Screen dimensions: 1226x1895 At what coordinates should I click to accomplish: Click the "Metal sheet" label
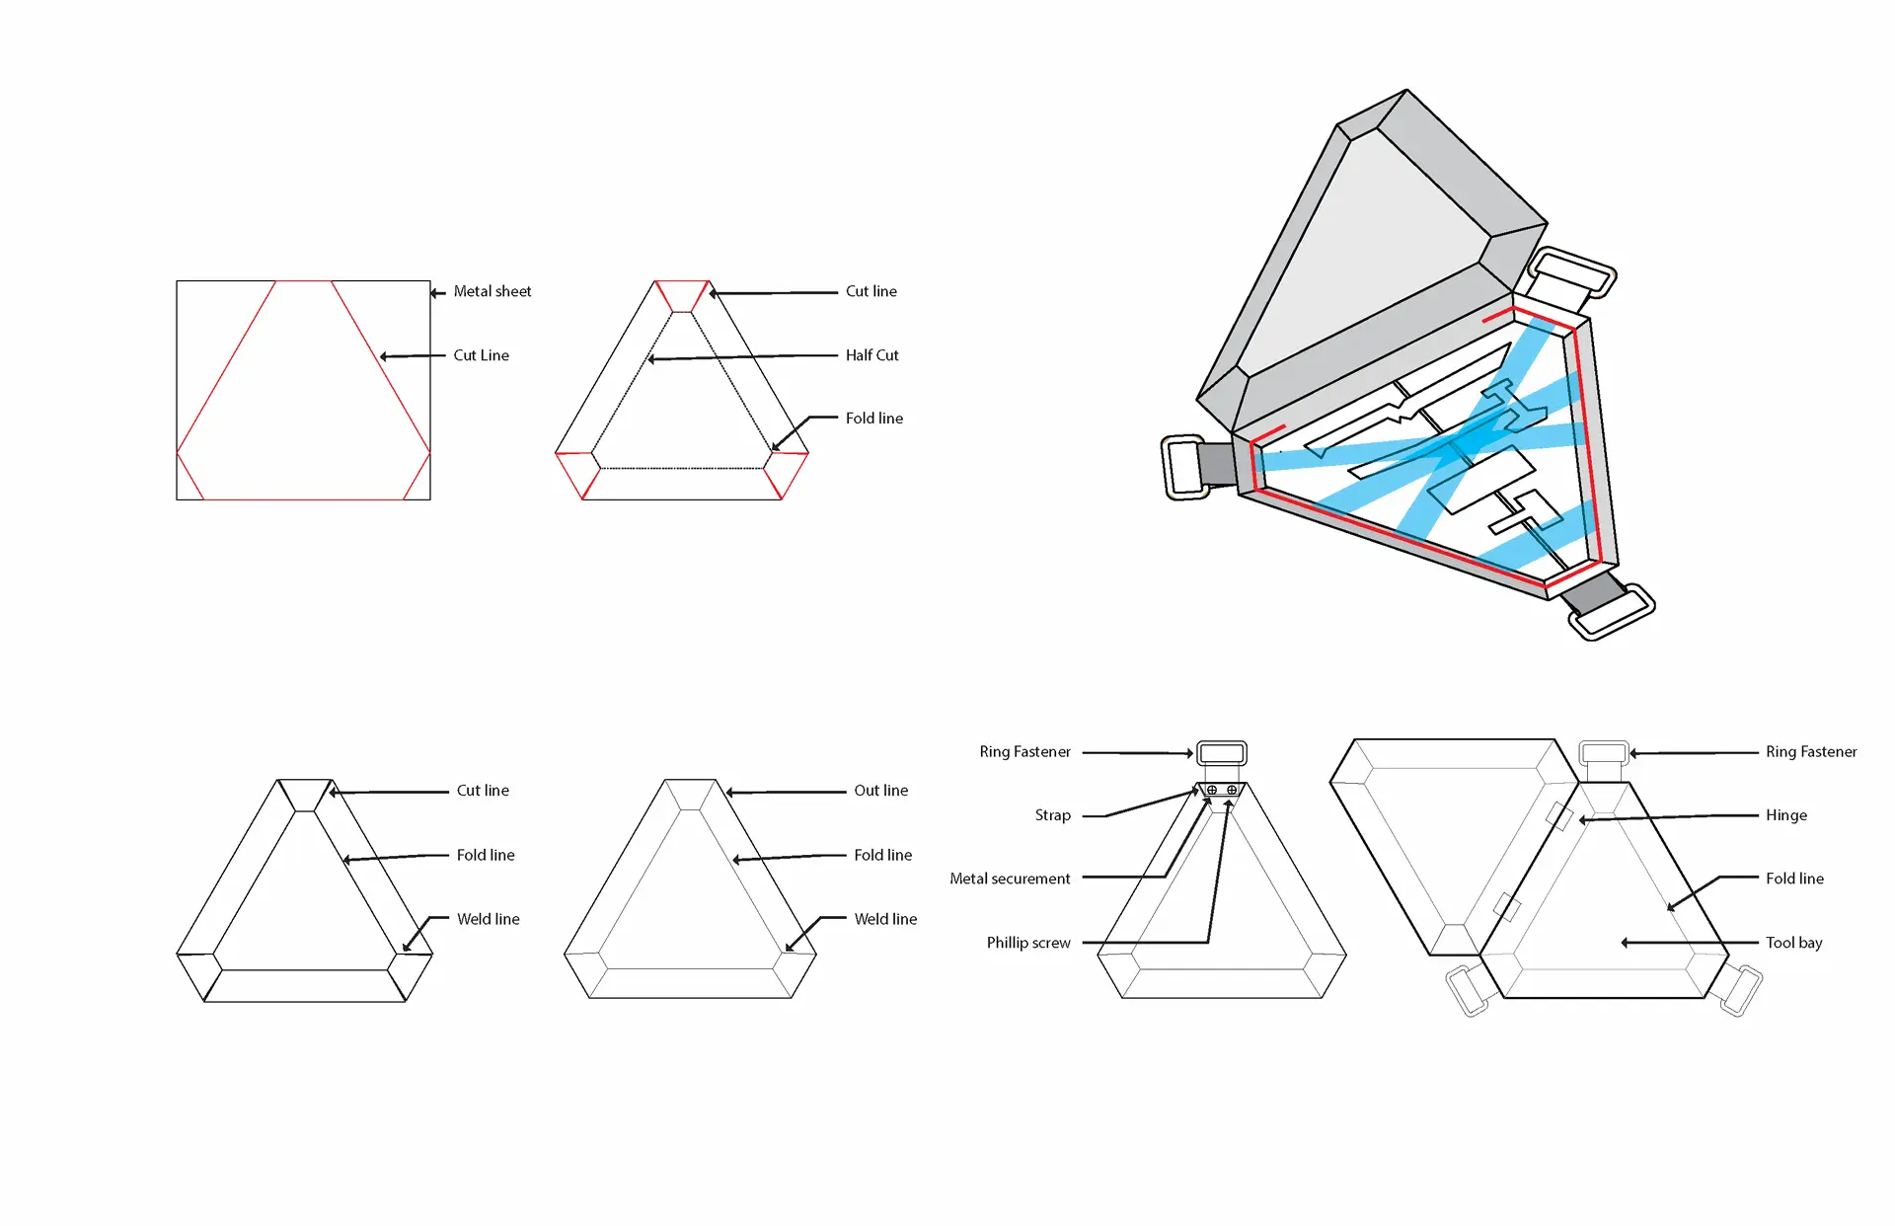(x=492, y=291)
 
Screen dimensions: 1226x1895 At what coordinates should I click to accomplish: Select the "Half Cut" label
(x=872, y=355)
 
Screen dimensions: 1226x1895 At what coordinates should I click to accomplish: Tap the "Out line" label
(x=880, y=791)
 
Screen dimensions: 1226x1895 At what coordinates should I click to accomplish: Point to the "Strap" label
(x=1052, y=815)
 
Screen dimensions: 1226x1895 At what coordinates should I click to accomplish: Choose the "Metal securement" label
(x=1009, y=879)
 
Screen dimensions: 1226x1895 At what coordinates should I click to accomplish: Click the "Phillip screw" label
(x=1027, y=943)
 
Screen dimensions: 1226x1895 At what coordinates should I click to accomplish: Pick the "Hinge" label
(x=1785, y=815)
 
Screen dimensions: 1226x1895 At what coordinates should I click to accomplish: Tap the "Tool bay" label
(x=1793, y=943)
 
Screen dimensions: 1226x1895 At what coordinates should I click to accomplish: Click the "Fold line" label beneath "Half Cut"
(x=873, y=419)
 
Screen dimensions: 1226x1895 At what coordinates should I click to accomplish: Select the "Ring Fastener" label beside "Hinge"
(x=1810, y=752)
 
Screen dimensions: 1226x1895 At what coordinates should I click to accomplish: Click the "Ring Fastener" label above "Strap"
(x=1023, y=752)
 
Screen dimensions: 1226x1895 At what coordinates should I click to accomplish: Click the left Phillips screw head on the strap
(x=1212, y=790)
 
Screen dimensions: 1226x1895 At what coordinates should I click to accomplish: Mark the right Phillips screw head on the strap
(x=1232, y=790)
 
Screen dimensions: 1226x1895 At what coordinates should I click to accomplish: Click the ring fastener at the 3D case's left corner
(x=1184, y=467)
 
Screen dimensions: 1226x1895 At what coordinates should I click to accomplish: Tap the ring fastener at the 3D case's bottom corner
(x=1612, y=613)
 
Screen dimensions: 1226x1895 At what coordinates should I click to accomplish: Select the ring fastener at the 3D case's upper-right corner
(x=1572, y=271)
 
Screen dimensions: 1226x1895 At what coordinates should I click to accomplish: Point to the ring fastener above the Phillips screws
(x=1222, y=753)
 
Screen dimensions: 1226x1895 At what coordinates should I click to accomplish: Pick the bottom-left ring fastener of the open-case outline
(x=1467, y=991)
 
